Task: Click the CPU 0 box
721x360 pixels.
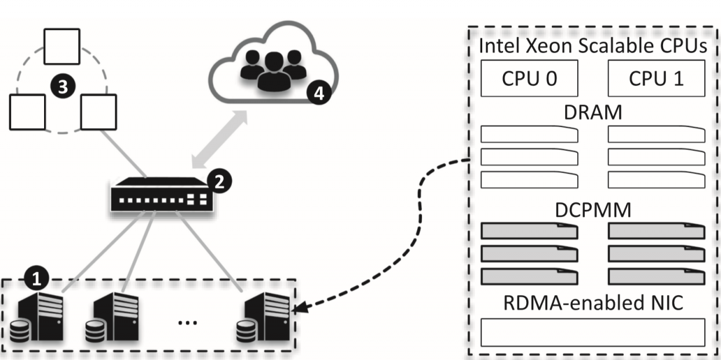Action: pyautogui.click(x=530, y=78)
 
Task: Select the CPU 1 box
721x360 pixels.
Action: pyautogui.click(x=656, y=78)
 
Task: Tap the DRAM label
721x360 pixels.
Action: pyautogui.click(x=593, y=112)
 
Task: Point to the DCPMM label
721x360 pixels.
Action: pyautogui.click(x=593, y=210)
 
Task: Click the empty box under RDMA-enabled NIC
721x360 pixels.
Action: pyautogui.click(x=593, y=332)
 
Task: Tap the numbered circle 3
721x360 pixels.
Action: pyautogui.click(x=63, y=88)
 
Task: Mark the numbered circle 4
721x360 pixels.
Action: pyautogui.click(x=316, y=92)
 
